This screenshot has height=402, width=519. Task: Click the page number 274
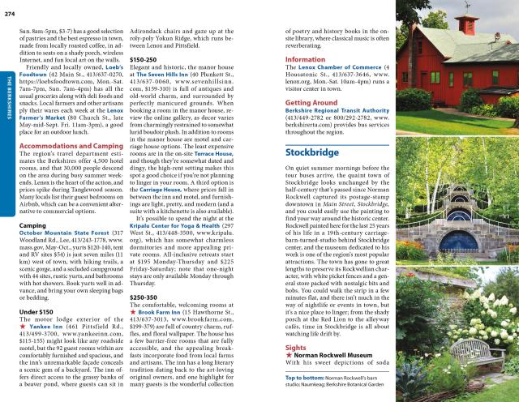coord(10,6)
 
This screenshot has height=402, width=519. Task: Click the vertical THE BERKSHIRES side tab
coord(9,90)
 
